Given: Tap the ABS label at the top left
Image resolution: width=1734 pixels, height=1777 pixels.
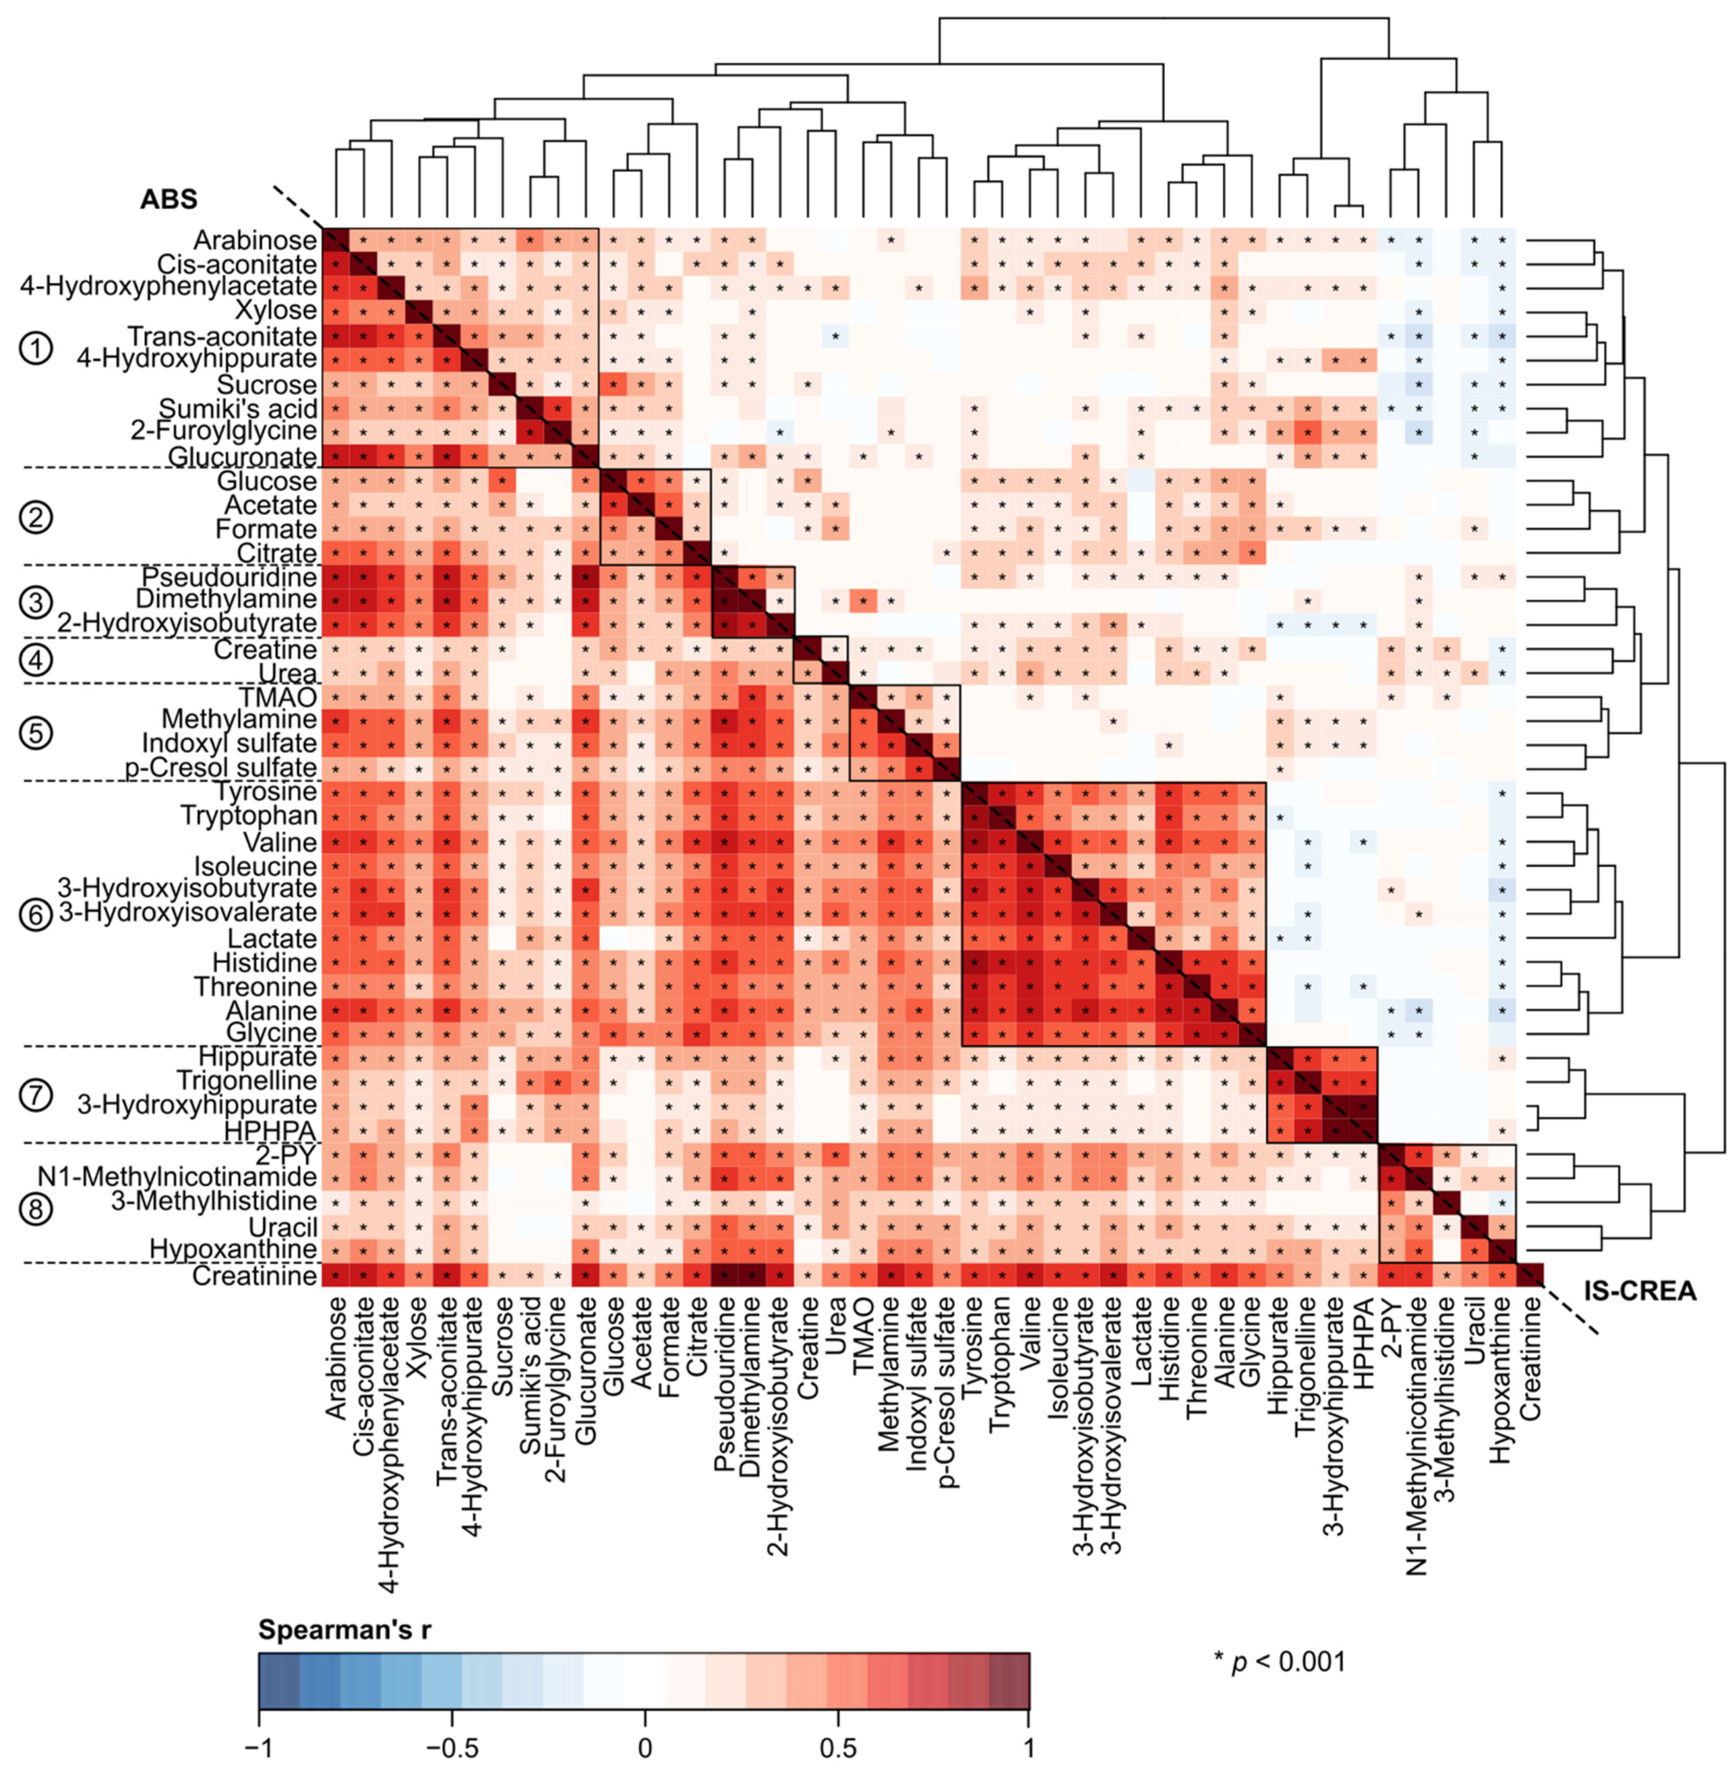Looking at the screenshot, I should click(169, 199).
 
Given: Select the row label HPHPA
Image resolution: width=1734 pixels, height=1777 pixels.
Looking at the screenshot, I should click(283, 1130).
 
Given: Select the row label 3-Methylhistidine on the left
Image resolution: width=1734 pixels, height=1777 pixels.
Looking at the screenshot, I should click(214, 1201).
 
